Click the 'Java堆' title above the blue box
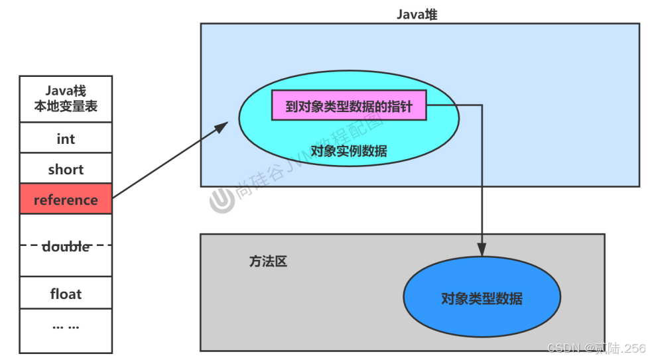coord(417,14)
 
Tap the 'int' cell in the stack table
coord(66,139)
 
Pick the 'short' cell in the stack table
coord(66,170)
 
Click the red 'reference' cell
coord(66,200)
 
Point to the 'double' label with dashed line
coord(66,246)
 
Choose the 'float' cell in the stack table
coord(66,294)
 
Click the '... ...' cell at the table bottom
coord(66,327)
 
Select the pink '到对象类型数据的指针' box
coord(349,106)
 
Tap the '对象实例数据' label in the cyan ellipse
coord(349,150)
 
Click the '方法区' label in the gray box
coord(268,261)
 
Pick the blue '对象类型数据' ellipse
coord(482,298)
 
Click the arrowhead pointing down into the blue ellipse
coord(482,250)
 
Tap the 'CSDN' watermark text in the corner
coord(564,348)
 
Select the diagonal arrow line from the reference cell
coord(166,161)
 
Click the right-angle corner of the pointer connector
coord(482,105)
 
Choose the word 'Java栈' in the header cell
coord(66,91)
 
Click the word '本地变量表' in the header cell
coord(66,106)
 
